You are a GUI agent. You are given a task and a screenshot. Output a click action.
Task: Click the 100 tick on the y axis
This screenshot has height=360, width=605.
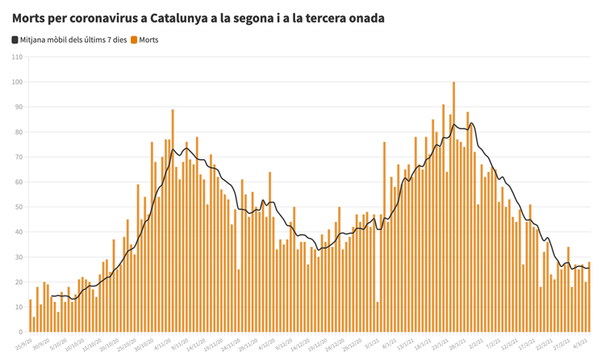tap(18, 82)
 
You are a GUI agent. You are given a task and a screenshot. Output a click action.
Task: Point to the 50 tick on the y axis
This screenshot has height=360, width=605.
tap(18, 207)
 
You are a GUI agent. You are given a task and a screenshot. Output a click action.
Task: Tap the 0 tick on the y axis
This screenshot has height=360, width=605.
tap(20, 332)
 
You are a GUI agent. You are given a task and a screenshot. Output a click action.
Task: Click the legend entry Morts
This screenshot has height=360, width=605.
tap(149, 40)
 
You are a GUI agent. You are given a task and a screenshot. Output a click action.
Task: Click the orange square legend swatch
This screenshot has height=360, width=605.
tap(134, 40)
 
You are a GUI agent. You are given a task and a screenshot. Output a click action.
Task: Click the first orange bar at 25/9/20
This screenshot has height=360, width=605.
tap(31, 316)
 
